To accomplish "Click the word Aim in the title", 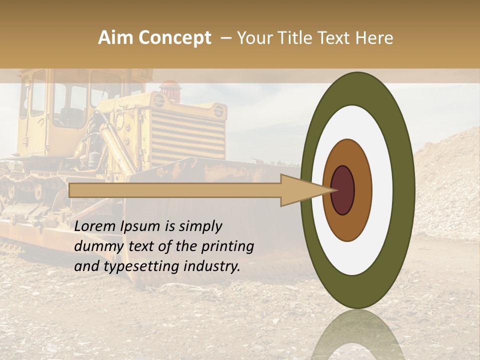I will click(x=115, y=38).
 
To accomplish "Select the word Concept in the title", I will click(x=174, y=38).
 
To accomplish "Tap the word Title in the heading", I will click(x=295, y=38).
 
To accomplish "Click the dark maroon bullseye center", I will click(x=343, y=190).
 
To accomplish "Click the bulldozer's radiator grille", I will click(x=188, y=133).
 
